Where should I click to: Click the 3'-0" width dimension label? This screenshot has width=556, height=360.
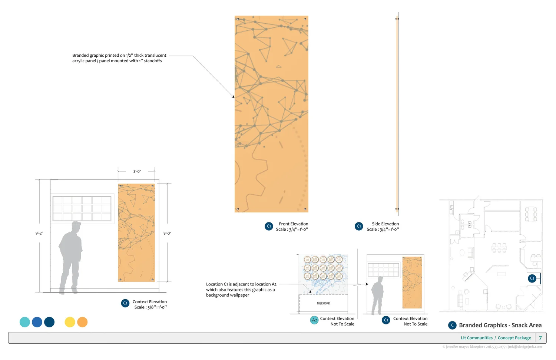point(137,171)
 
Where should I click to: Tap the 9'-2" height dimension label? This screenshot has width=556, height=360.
point(39,233)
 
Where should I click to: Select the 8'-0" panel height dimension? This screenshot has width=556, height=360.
point(167,233)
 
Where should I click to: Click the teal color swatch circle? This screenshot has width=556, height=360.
point(25,322)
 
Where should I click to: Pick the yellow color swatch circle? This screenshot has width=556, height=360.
point(70,322)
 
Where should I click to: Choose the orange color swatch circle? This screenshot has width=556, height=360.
point(82,322)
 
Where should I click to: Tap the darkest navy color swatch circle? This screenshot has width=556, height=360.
point(49,322)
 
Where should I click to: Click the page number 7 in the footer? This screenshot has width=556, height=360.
point(540,338)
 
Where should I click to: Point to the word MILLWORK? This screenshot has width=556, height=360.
point(323,303)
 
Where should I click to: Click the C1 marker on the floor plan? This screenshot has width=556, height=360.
point(532,278)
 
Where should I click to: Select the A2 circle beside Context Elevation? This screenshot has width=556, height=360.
point(314,320)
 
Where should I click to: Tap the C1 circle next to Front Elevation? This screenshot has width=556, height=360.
point(269,226)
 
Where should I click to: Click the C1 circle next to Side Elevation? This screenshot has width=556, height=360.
point(359,226)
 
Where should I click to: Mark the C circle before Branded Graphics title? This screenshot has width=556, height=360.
point(452,325)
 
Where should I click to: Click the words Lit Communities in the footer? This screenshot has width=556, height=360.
point(477,338)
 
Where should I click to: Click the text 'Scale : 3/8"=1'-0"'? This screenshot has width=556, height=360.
point(150,307)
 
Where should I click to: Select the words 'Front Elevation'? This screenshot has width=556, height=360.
point(294,224)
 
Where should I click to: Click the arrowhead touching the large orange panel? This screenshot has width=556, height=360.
point(234,97)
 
